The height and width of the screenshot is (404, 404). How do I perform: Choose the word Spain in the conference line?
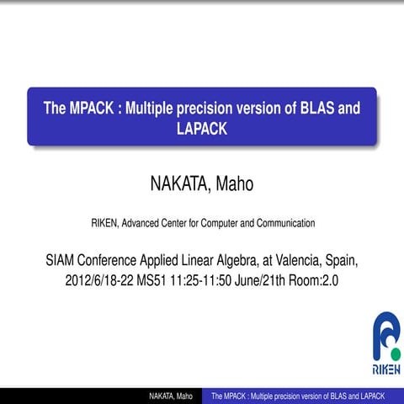coord(344,259)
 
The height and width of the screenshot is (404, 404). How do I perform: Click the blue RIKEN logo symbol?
coord(386,335)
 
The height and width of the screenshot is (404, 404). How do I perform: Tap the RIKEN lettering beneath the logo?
coord(386,369)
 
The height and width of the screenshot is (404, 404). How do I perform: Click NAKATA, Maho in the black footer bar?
coord(172,396)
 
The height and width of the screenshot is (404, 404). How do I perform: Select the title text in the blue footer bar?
coord(298,396)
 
